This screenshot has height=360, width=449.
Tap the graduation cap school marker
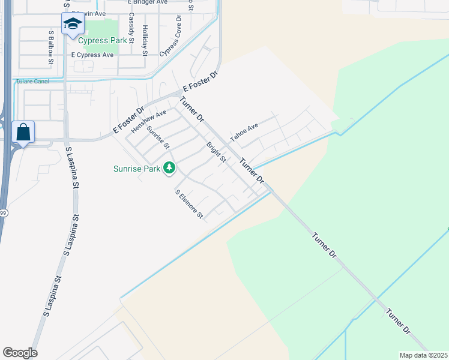73,25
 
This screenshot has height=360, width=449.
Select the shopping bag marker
23,132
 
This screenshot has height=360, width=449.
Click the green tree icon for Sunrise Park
169,169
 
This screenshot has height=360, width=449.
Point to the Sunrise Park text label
137,169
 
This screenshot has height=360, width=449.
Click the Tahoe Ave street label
244,132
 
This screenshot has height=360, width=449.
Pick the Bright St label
216,152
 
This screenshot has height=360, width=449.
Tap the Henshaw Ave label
149,121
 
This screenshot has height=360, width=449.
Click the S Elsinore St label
190,205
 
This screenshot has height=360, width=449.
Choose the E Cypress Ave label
92,55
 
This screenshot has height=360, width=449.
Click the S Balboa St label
52,47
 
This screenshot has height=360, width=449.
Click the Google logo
20,353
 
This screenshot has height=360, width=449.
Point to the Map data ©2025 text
423,355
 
